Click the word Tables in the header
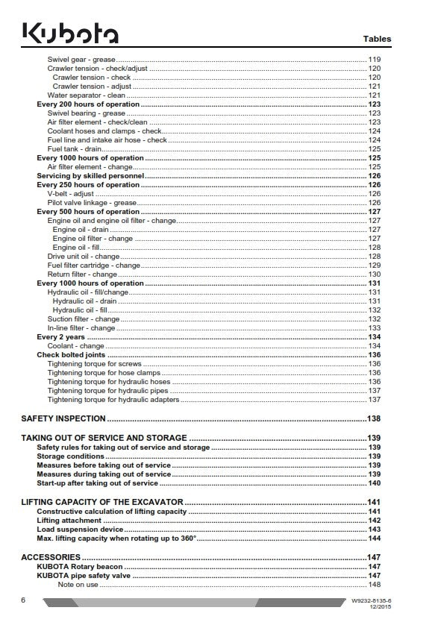377,39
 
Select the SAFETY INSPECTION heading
63,418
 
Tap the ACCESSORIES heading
51,557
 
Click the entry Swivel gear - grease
81,58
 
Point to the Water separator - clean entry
86,95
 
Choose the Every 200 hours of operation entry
88,104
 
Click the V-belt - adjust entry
71,194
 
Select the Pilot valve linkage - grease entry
92,203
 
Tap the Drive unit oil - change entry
83,256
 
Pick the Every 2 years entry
60,337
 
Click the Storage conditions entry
70,456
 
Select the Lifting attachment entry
69,520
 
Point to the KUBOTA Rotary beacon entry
80,567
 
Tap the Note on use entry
78,584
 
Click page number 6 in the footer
24,600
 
